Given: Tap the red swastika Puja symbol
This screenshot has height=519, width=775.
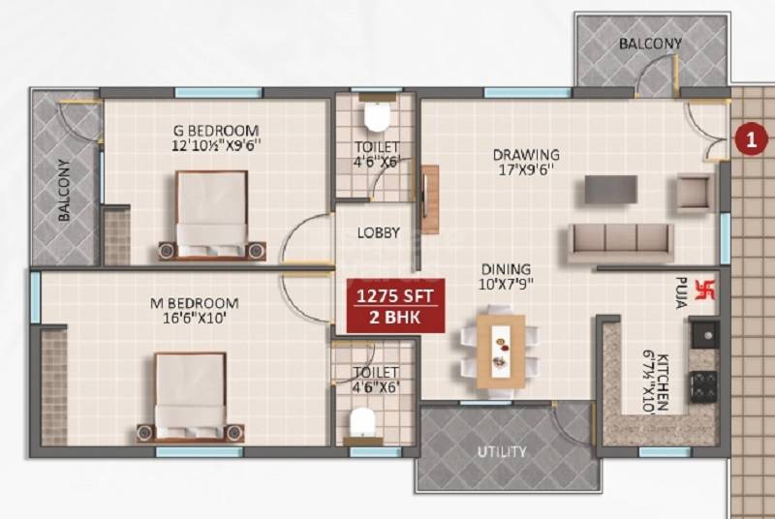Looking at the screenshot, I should coord(704,289).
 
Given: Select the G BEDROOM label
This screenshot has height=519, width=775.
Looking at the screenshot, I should coord(215,131).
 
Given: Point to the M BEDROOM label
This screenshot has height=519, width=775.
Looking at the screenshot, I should coord(195,303).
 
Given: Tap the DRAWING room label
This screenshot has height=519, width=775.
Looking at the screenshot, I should coord(526,154).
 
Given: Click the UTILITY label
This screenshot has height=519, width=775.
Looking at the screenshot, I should coord(502,452).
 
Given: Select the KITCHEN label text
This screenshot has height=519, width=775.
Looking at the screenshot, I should coord(663,380).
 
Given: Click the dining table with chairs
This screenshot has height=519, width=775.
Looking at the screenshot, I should coord(499,351).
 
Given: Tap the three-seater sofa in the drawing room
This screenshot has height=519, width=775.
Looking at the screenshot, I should coord(620,242).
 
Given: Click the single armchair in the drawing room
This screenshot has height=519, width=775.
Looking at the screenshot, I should coord(695,192).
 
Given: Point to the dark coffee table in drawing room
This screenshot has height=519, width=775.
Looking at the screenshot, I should coord(610,190).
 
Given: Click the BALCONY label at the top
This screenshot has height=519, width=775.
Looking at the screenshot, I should coord(651,44).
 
